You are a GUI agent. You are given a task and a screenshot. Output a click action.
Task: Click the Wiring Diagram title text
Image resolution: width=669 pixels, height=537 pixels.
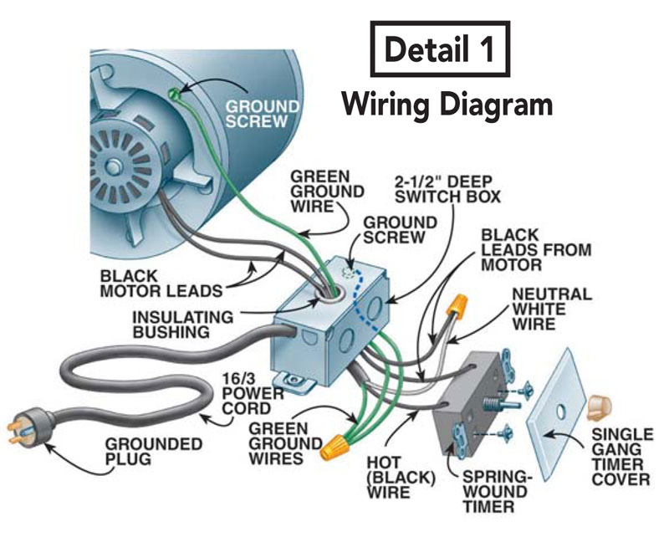[x=447, y=105]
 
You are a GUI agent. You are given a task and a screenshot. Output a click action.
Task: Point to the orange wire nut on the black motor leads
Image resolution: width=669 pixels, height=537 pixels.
[x=457, y=308]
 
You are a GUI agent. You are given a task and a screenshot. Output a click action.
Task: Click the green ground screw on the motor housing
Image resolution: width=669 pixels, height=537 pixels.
[x=174, y=95]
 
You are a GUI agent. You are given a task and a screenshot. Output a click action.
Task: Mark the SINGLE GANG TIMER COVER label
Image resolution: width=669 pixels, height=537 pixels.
[x=620, y=458]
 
